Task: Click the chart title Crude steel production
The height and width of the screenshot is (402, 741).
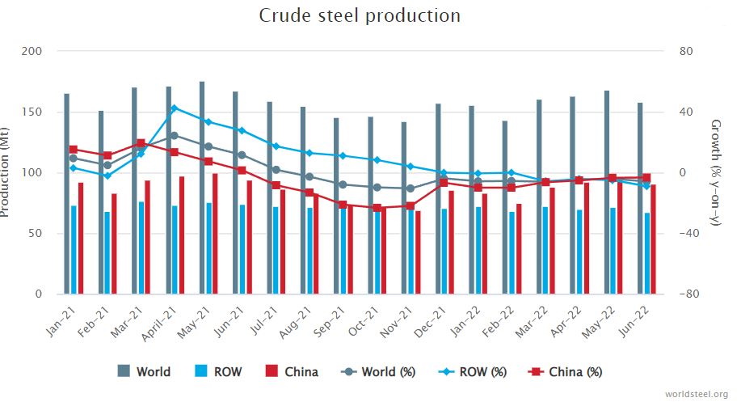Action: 360,15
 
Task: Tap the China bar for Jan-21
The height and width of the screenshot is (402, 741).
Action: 81,239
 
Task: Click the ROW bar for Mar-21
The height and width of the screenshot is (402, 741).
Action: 141,248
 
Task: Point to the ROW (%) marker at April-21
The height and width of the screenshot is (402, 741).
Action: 174,108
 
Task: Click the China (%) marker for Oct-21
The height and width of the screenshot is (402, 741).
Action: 377,208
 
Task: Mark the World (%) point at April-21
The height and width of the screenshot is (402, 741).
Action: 174,135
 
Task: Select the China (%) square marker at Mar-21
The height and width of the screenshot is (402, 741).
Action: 141,143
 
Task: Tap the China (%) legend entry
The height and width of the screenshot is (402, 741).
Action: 566,372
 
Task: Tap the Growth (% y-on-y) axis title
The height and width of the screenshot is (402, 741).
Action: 715,172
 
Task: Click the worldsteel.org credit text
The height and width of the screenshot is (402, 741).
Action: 696,394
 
